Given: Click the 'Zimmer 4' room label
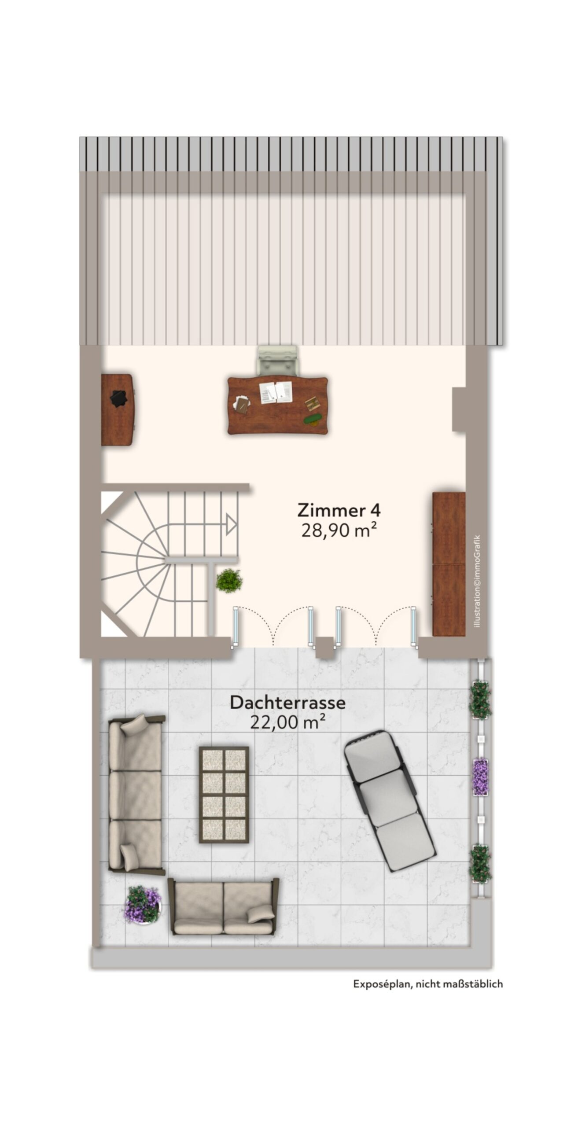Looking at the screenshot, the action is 339,510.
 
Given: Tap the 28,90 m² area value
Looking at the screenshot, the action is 339,530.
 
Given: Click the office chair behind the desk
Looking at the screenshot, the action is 277,361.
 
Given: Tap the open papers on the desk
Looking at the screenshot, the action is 276,392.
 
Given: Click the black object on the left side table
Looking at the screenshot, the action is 118,399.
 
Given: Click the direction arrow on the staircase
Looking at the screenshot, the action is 231,524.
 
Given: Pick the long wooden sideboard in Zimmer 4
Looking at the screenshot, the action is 449,564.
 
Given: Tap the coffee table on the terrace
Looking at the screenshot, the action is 224,795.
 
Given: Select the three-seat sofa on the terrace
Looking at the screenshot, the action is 136,795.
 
